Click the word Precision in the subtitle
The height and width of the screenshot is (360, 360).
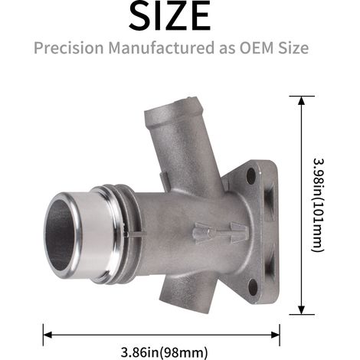69,47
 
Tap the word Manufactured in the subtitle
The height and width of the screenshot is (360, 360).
162,47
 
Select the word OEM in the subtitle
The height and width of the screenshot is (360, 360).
256,47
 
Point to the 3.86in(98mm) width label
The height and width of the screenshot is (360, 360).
164,352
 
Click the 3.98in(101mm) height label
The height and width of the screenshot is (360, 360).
319,205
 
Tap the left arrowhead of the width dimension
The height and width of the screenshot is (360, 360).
47,335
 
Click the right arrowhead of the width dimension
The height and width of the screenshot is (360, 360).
275,335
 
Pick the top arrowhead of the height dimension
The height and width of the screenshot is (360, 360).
302,101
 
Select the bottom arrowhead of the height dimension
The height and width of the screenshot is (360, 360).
302,310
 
